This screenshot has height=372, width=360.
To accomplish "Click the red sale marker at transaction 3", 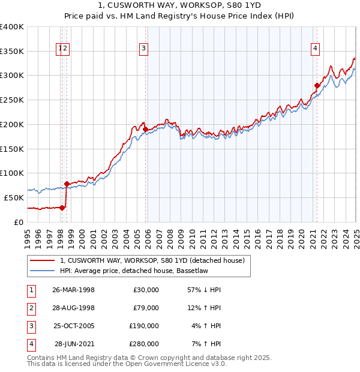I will point(145,129).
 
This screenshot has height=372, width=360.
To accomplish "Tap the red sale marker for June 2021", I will point(317,85).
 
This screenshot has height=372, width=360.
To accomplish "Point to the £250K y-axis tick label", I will point(12,100).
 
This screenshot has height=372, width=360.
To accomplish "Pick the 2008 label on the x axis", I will point(170,238).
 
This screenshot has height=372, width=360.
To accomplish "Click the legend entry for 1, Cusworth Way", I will point(152,261).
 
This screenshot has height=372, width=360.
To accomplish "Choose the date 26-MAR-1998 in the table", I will point(73,290).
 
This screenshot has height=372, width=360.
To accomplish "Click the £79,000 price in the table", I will point(144,308).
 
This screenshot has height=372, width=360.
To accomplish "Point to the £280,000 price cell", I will point(144,344).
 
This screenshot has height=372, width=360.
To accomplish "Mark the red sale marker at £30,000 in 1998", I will point(62,208).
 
